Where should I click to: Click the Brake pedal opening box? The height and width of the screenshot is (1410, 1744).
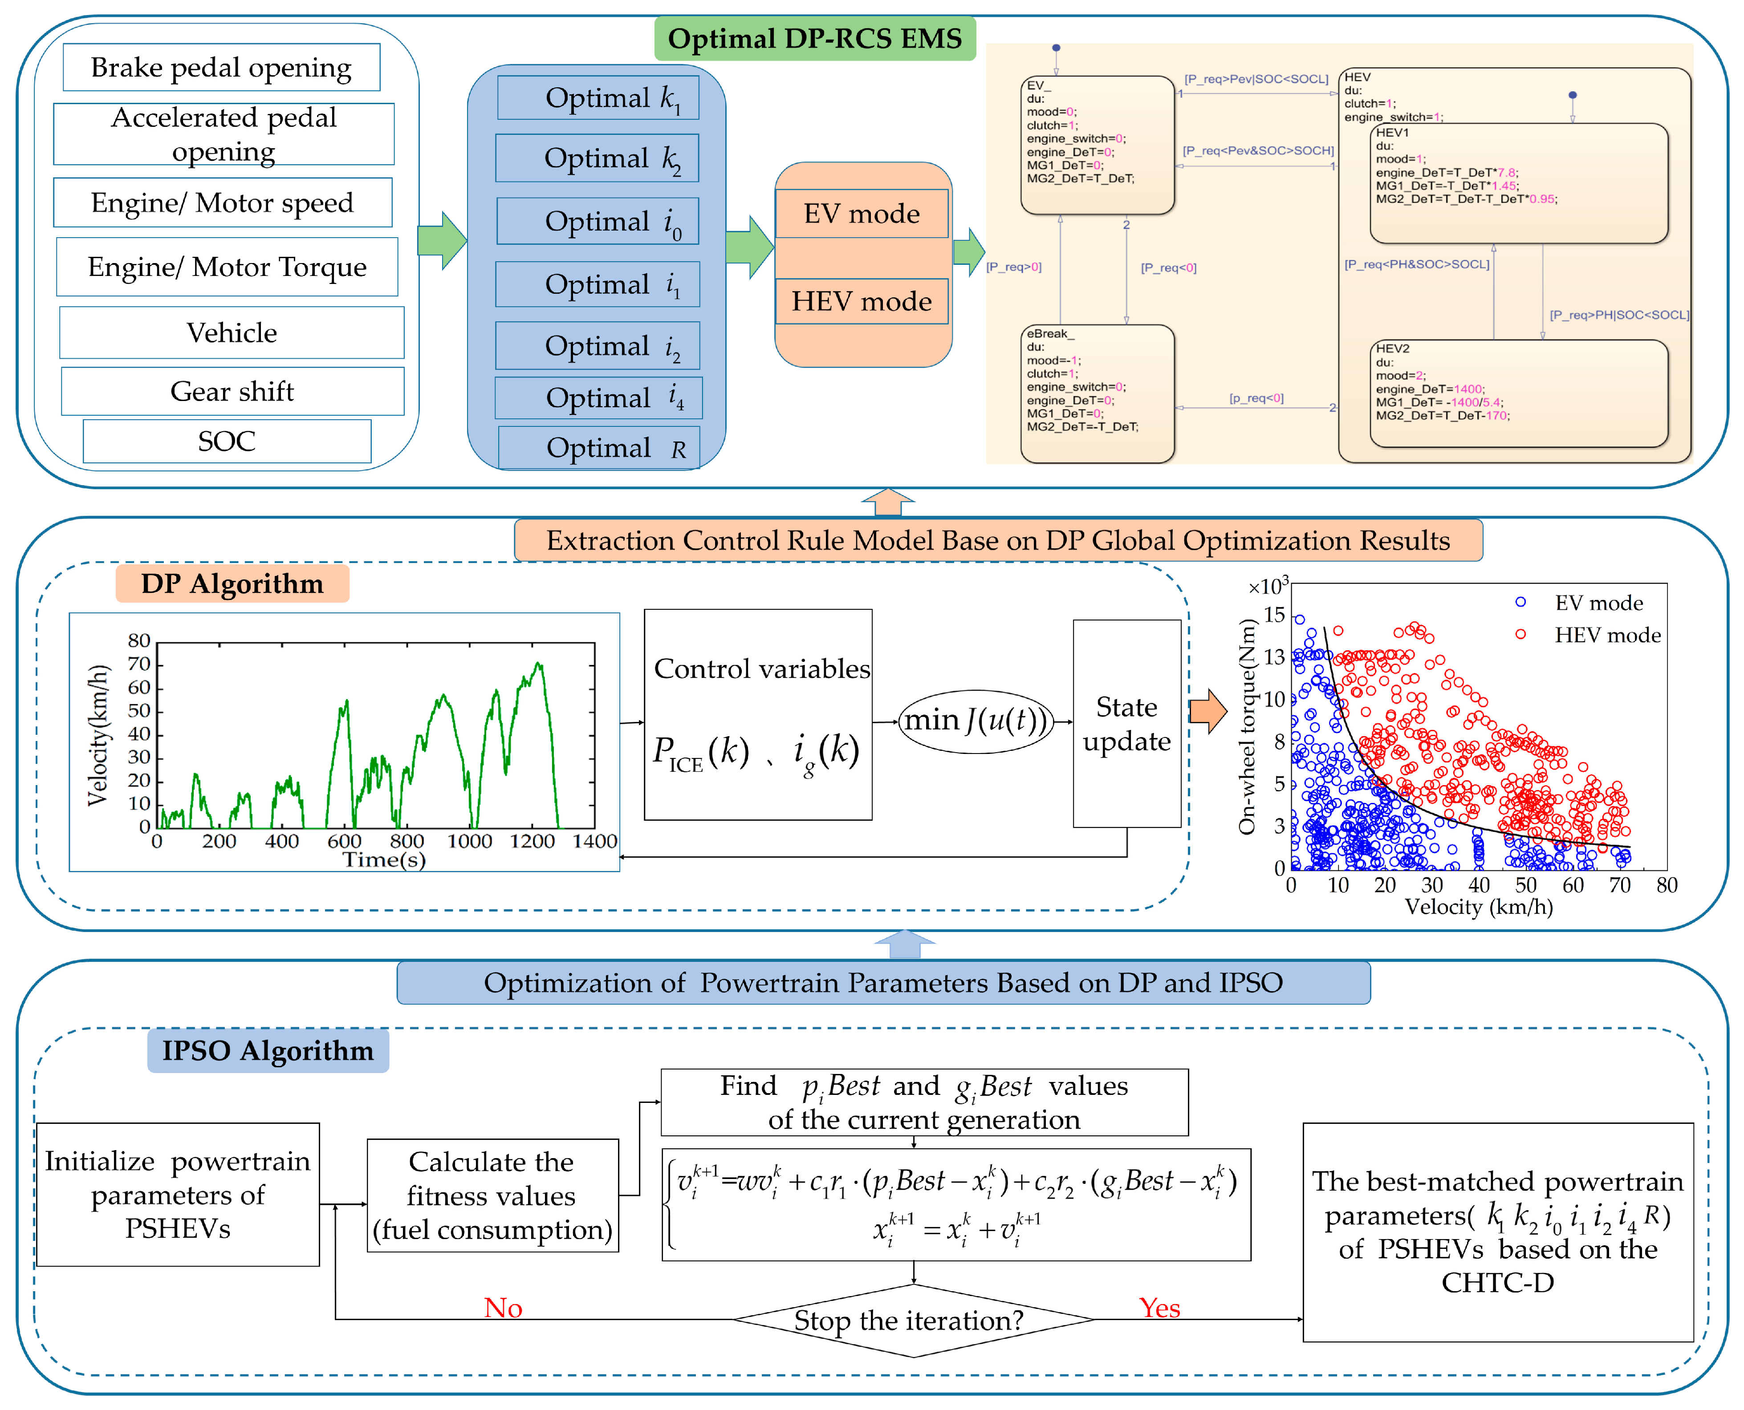click(221, 67)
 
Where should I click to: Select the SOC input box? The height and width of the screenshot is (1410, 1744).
click(227, 441)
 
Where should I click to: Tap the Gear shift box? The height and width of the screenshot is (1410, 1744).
click(232, 392)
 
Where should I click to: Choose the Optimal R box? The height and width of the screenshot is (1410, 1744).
click(599, 448)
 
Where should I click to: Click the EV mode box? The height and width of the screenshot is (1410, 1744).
click(862, 214)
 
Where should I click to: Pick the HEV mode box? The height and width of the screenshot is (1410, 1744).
click(862, 301)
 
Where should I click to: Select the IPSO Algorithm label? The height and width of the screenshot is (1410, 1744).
click(268, 1051)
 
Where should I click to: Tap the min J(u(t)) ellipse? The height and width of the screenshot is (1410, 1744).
click(976, 721)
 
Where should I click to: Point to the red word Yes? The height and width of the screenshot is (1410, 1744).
click(1159, 1308)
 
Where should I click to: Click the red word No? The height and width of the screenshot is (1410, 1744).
click(503, 1308)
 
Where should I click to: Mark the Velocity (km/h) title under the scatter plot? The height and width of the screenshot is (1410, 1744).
click(1478, 907)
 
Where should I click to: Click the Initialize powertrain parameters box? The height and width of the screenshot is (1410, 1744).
click(178, 1194)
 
